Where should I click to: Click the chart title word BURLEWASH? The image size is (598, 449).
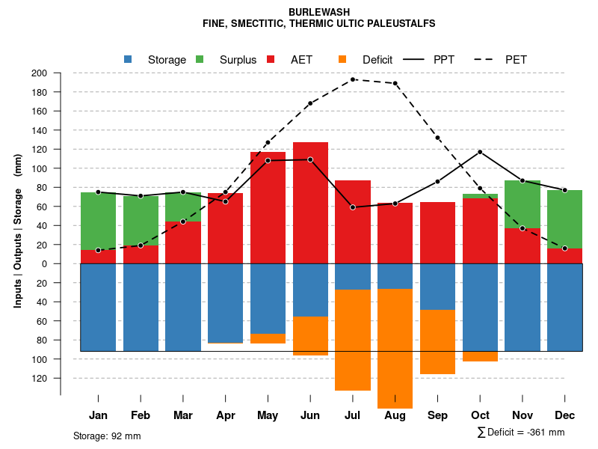[x=318, y=13]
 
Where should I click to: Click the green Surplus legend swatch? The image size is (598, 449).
[x=200, y=59]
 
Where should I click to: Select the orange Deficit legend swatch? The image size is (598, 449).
[x=342, y=59]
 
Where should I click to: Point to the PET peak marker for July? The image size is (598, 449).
[x=353, y=79]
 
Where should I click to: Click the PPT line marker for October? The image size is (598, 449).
[x=480, y=152]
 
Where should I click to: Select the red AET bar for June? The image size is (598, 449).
[x=310, y=202]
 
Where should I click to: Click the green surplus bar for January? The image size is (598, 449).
[x=98, y=221]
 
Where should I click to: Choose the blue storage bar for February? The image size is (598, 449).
[x=141, y=307]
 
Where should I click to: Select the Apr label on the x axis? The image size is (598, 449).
[x=226, y=415]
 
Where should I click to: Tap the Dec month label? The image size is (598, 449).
[x=565, y=415]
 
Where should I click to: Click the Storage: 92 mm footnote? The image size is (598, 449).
[x=107, y=436]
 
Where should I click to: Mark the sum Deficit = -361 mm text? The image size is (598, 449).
[x=521, y=433]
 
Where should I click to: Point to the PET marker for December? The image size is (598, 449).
[x=565, y=248]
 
